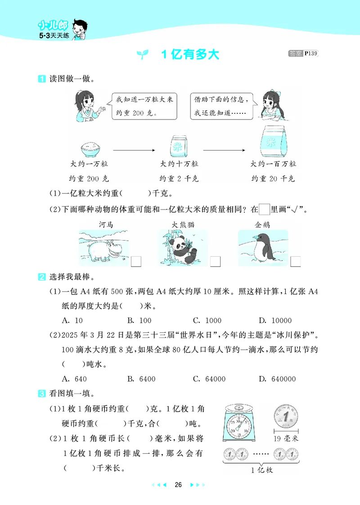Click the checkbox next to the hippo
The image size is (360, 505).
pyautogui.click(x=136, y=262)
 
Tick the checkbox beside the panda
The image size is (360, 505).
pyautogui.click(x=216, y=262)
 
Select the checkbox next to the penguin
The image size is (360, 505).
pyautogui.click(x=296, y=262)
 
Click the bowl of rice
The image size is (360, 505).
pyautogui.click(x=91, y=148)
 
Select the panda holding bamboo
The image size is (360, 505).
pyautogui.click(x=183, y=247)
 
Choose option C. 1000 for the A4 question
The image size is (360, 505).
pyautogui.click(x=207, y=321)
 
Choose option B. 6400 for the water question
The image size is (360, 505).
pyautogui.click(x=141, y=379)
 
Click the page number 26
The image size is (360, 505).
pyautogui.click(x=178, y=485)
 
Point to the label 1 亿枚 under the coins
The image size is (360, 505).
pyautogui.click(x=262, y=470)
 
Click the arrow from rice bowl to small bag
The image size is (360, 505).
pyautogui.click(x=133, y=151)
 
